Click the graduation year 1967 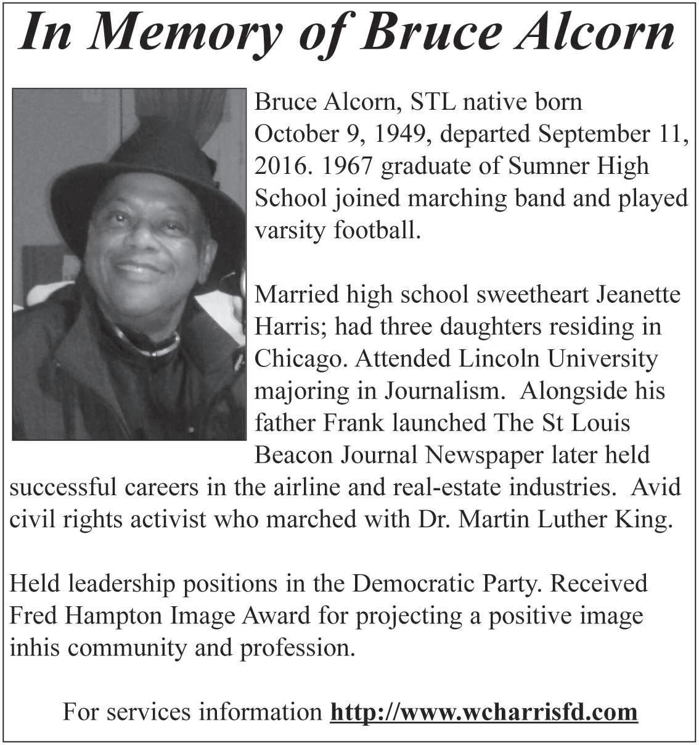[x=348, y=165]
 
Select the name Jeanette [x=639, y=294]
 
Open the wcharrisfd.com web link [x=484, y=712]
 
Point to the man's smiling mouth [x=138, y=270]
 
